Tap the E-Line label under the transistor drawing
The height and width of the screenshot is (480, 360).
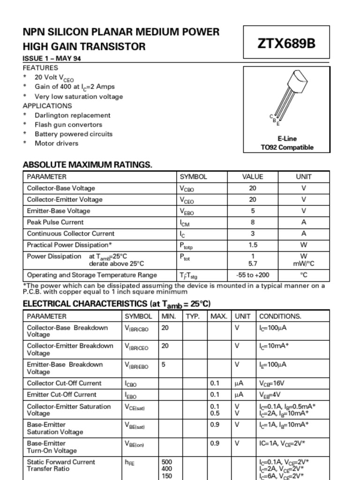(x=287, y=139)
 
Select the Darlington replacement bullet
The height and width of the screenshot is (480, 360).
(x=72, y=115)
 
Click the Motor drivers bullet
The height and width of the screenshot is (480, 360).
(x=56, y=143)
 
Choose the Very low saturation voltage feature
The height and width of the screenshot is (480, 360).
(x=79, y=97)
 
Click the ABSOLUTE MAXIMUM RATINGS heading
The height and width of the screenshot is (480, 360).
(x=87, y=165)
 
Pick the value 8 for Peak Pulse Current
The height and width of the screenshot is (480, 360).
(x=253, y=222)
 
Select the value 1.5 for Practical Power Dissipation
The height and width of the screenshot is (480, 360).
(x=253, y=245)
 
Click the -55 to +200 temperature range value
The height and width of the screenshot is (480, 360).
(x=253, y=275)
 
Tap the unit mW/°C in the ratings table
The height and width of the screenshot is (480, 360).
(x=304, y=264)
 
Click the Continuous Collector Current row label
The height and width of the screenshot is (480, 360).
(x=70, y=233)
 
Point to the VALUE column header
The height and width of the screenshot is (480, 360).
(x=253, y=177)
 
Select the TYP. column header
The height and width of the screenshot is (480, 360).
(x=193, y=316)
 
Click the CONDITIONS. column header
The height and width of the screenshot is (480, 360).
(x=280, y=316)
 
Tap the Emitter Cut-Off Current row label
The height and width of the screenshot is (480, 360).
(x=61, y=395)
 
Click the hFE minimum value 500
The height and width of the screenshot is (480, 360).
(x=166, y=462)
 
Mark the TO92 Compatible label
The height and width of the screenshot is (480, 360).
(x=287, y=147)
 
